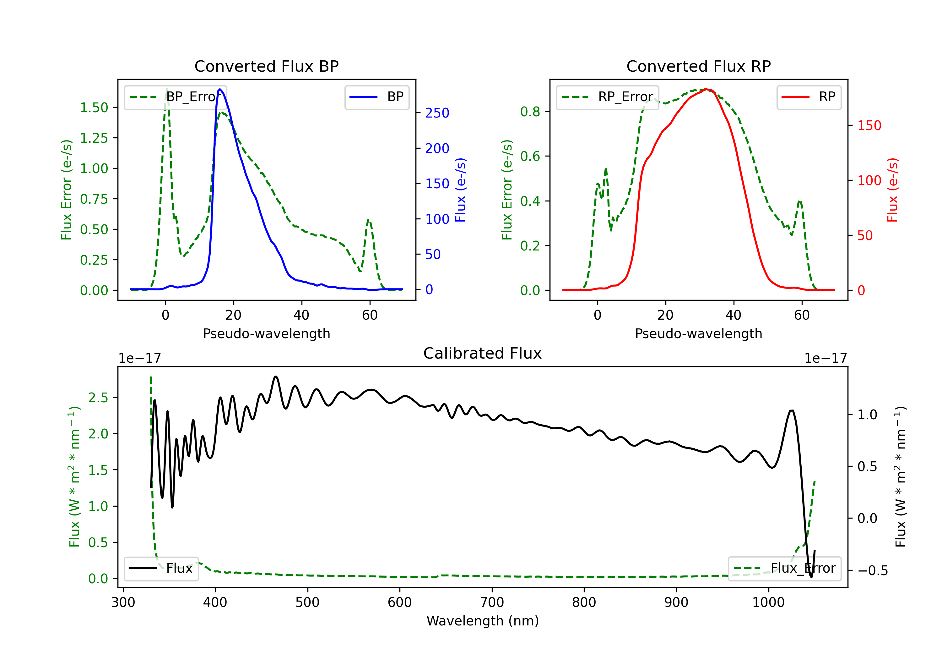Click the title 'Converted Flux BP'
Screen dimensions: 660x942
point(266,66)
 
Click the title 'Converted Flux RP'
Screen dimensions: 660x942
point(698,66)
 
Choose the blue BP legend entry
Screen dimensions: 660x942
point(376,97)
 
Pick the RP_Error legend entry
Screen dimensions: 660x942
point(607,97)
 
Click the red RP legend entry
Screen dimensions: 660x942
point(808,97)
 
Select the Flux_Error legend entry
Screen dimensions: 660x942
point(784,569)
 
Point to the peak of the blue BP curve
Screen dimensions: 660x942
point(220,89)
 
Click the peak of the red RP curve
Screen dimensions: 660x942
point(706,89)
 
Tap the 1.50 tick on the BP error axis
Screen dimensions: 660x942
point(94,107)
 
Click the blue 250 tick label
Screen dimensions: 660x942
point(437,113)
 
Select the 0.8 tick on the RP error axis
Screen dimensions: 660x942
point(530,112)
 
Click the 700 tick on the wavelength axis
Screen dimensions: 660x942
point(492,602)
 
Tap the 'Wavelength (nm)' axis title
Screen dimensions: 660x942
point(483,621)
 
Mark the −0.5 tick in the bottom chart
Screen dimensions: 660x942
point(872,570)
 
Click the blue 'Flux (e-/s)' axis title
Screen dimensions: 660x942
point(460,190)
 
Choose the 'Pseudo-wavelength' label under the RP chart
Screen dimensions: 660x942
point(698,333)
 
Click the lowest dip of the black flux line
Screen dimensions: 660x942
point(811,577)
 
